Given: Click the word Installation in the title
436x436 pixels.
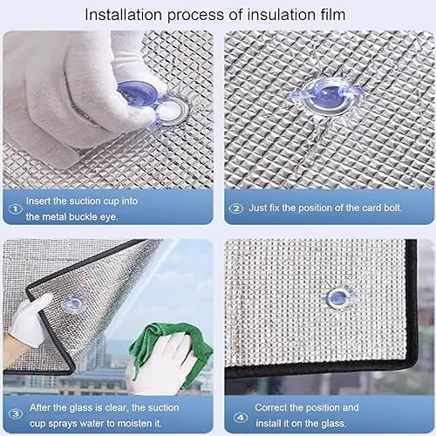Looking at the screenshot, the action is coord(123,15).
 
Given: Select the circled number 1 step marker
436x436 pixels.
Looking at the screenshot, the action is coord(15,208).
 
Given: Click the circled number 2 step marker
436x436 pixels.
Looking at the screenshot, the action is coord(236,208).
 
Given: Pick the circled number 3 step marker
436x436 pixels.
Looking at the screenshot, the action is coord(15,414).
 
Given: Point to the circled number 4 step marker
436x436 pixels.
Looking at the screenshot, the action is coord(241,418).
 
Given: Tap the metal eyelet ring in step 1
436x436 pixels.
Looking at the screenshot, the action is coord(172,112).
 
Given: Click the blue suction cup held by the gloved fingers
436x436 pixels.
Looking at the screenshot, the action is coord(138,94).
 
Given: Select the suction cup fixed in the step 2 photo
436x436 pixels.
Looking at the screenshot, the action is coord(329,97).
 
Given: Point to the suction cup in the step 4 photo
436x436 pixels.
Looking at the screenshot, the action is coord(337,298).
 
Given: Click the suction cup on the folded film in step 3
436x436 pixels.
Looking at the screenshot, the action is coord(75,303).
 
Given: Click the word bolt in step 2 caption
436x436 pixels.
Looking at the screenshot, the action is coord(393,208).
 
